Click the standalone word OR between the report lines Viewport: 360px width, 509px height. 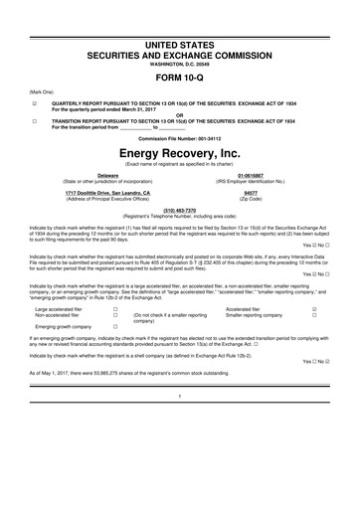pos(179,114)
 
